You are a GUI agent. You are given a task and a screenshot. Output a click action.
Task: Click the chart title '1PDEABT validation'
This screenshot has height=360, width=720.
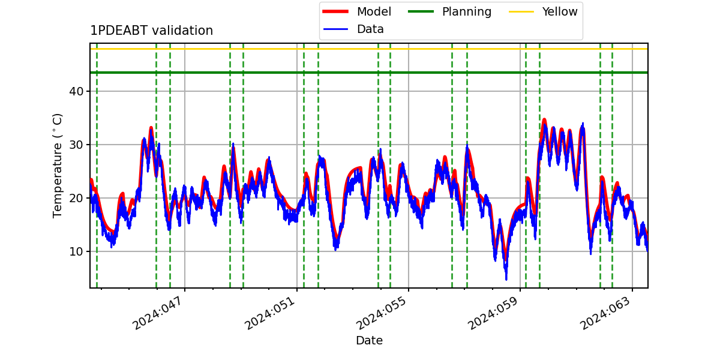pos(151,31)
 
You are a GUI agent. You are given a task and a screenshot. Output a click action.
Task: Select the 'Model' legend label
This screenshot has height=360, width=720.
pos(374,11)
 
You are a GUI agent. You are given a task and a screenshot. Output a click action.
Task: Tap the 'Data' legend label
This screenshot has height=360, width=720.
pos(370,29)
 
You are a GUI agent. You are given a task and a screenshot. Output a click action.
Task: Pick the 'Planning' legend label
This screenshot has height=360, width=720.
pos(467,12)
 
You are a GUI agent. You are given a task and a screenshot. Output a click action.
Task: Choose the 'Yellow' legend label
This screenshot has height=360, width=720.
pos(560,11)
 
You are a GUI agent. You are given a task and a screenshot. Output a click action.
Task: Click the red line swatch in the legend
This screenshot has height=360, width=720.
pos(335,11)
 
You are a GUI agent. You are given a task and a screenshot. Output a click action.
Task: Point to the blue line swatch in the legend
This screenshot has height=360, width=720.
pos(335,29)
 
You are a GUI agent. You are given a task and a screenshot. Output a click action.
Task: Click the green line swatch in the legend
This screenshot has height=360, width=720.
pos(421,11)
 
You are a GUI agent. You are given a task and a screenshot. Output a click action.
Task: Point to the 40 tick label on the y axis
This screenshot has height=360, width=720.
pos(76,91)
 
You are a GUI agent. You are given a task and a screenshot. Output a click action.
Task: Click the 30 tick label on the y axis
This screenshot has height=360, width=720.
pos(76,145)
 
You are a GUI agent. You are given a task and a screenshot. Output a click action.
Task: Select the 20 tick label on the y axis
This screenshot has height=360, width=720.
pos(76,198)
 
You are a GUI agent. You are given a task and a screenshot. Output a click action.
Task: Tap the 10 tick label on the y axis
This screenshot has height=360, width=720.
pos(76,251)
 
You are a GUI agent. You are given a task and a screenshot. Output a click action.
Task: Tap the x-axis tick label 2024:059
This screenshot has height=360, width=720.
pos(494,313)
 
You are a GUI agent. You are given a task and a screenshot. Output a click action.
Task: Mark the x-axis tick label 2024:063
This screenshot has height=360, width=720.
pos(606,313)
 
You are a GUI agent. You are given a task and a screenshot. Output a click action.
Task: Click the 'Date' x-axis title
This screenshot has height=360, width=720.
pos(370,340)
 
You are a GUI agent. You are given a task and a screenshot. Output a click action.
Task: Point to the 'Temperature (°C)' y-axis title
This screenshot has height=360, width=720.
pos(57,166)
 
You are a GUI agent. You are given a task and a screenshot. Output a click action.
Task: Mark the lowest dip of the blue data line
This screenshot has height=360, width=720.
pos(506,280)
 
